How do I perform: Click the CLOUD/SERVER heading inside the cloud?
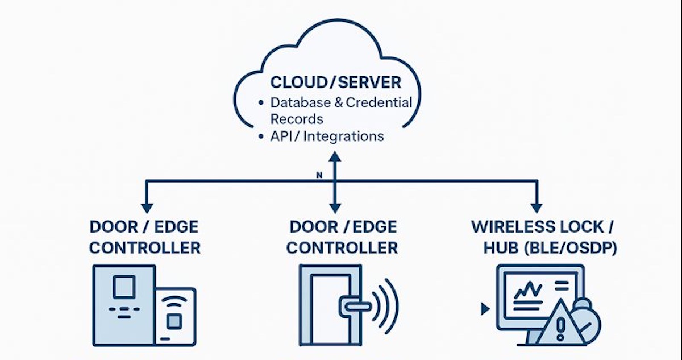pos(335,82)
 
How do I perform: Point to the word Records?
pos(297,119)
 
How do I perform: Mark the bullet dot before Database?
pos(261,104)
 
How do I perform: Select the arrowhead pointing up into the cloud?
pos(335,155)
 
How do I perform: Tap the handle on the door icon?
pos(352,306)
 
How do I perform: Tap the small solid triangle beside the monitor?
pos(485,309)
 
